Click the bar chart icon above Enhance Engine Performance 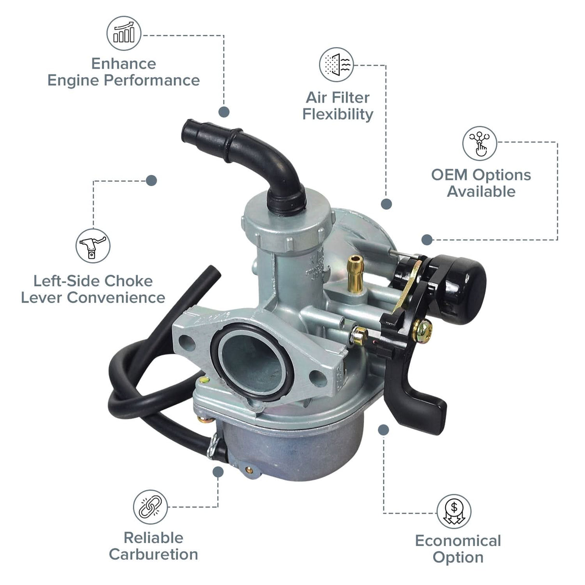tap(124, 33)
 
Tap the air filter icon tap(336, 65)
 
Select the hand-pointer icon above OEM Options tap(479, 143)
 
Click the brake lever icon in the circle tap(93, 246)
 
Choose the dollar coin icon tap(454, 512)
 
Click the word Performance tap(152, 81)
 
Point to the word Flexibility tap(338, 115)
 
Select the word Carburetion tap(154, 555)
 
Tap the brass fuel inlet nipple tap(355, 274)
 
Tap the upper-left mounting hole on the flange tap(187, 342)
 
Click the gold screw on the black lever tap(422, 331)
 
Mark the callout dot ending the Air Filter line tap(386, 204)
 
